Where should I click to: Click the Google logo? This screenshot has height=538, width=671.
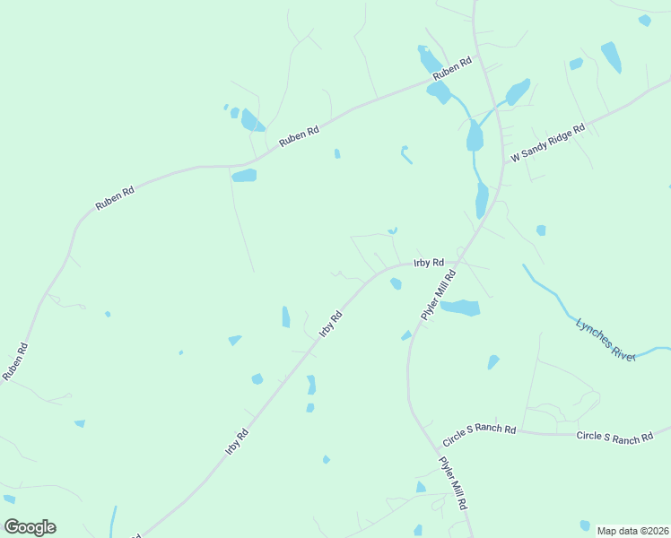30,527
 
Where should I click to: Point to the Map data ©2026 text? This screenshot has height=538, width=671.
632,531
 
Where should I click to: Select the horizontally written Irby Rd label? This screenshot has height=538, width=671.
429,263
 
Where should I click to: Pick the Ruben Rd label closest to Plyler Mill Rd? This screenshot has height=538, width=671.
451,71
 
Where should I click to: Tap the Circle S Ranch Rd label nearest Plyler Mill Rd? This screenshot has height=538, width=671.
479,437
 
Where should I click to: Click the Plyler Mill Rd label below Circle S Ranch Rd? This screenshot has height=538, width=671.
453,484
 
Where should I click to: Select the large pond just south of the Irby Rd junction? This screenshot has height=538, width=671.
460,308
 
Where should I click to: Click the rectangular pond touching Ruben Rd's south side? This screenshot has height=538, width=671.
244,176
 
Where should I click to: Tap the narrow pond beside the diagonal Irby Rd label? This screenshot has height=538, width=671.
286,317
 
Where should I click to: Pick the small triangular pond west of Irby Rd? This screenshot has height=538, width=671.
235,340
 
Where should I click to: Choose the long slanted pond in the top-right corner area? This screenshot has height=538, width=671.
611,56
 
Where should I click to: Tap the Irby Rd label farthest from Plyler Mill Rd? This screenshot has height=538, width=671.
237,441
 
